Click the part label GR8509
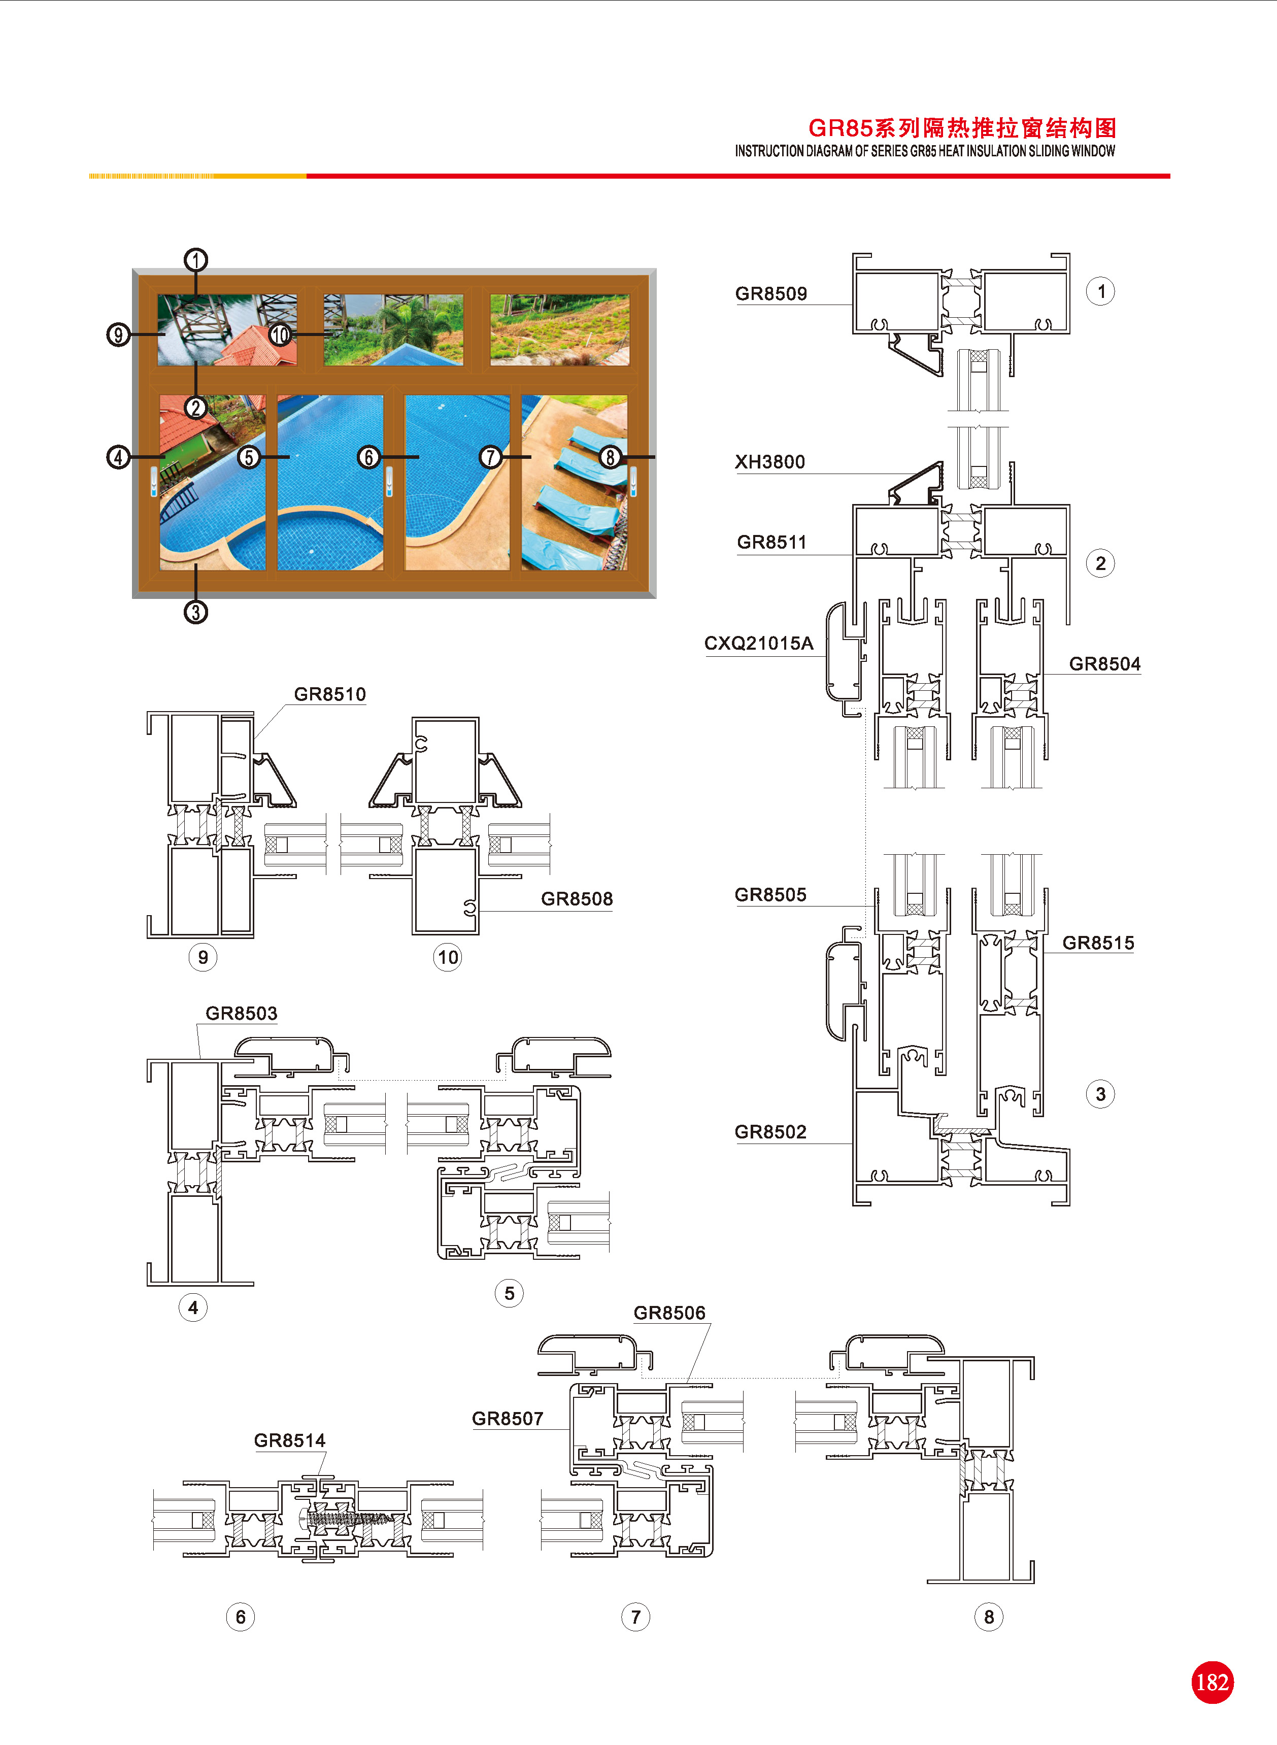click(770, 294)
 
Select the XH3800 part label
click(770, 462)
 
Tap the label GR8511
click(771, 543)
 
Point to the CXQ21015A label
click(758, 644)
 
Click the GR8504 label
click(1104, 664)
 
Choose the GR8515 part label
click(1098, 943)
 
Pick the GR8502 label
click(770, 1132)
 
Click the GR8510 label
click(330, 694)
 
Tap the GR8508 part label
click(577, 899)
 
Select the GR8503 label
click(241, 1013)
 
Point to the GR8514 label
click(290, 1440)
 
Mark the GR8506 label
click(669, 1313)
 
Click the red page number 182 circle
click(1212, 1683)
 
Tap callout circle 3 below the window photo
click(195, 612)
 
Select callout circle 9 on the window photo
click(117, 334)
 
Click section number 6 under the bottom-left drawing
click(241, 1617)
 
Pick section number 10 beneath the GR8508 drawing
click(448, 957)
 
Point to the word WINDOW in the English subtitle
click(1093, 151)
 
